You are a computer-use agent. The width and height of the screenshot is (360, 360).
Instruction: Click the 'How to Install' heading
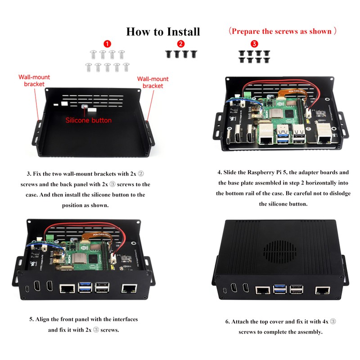coord(163,31)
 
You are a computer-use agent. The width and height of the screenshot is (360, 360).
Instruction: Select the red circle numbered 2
coord(181,44)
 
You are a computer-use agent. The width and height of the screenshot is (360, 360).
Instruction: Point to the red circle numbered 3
coord(254,44)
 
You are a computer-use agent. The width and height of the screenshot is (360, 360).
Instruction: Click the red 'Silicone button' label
coord(89,120)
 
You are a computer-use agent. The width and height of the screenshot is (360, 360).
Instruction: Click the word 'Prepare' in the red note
coord(249,31)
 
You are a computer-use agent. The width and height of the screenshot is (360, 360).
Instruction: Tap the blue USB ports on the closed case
coord(277,290)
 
